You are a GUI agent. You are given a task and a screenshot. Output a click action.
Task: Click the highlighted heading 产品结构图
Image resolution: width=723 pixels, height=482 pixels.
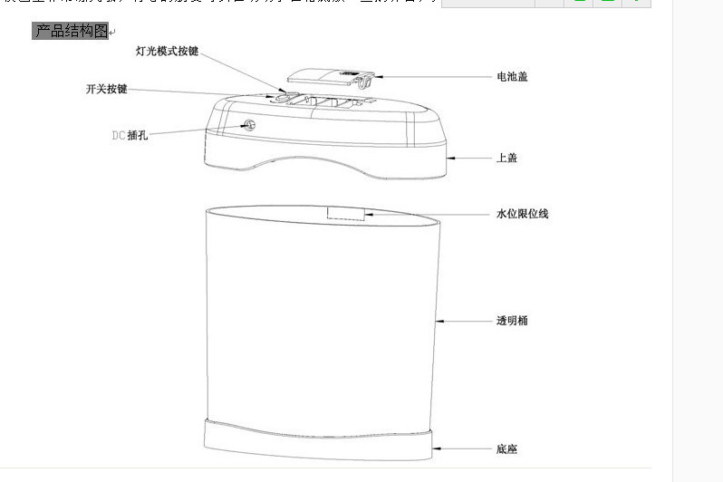(71, 32)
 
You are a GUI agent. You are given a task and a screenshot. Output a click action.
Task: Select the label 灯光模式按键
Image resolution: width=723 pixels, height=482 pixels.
(167, 52)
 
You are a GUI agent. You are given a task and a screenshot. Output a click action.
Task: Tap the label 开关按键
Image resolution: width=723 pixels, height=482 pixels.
(106, 89)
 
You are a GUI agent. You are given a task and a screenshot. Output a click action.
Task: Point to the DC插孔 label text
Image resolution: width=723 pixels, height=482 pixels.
(130, 135)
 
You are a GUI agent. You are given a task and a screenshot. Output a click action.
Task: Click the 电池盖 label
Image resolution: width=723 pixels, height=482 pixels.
(512, 77)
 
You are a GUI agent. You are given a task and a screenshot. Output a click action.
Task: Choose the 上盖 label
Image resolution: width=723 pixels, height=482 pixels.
(506, 158)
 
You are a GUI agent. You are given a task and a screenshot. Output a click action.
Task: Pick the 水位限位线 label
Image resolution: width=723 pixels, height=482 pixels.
(522, 214)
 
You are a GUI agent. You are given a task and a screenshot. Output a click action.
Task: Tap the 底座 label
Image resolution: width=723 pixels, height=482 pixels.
(506, 449)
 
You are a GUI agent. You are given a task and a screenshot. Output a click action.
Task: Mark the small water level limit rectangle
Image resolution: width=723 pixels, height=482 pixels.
(345, 213)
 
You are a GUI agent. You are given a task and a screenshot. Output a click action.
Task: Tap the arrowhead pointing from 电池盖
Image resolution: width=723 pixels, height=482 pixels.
(374, 77)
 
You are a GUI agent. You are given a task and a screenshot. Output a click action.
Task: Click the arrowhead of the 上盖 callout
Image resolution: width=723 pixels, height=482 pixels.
(450, 158)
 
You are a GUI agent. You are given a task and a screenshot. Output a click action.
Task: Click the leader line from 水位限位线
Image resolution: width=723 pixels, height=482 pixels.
(426, 214)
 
